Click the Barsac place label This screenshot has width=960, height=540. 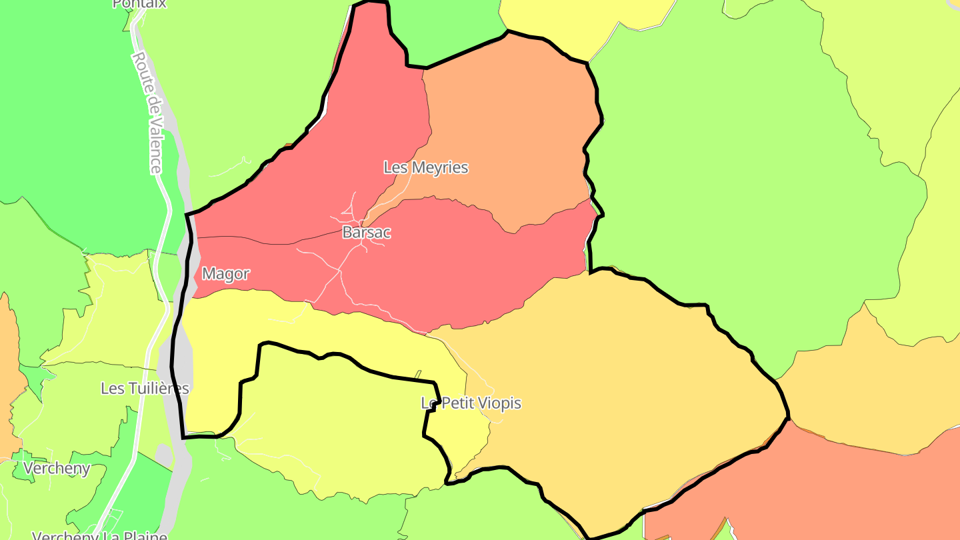(x=366, y=233)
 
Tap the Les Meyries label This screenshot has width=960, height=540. (x=425, y=167)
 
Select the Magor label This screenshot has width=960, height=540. (x=225, y=274)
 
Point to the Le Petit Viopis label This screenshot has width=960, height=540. (x=471, y=403)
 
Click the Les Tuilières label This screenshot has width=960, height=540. (x=145, y=388)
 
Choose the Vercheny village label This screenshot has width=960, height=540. (x=57, y=469)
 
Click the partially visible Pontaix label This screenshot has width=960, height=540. (x=139, y=4)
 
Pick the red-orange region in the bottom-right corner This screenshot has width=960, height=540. (x=833, y=493)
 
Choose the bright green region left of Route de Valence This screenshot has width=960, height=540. (x=67, y=100)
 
